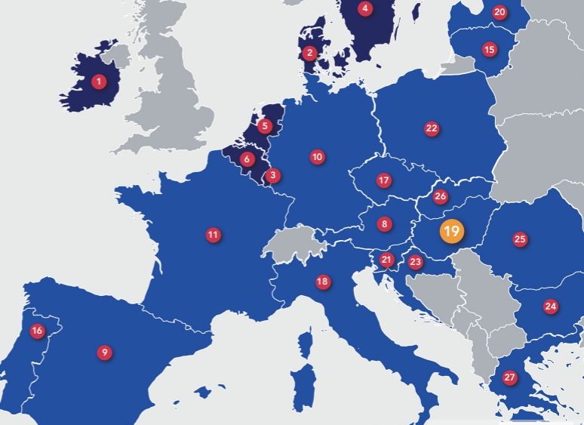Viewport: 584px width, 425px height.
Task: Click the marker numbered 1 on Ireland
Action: tap(97, 81)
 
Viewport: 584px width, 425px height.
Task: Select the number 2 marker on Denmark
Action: tap(309, 52)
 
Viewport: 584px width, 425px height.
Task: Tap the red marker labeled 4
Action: tap(365, 9)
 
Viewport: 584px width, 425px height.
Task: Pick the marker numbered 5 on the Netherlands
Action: tap(264, 126)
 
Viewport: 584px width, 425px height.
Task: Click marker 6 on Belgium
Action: tap(247, 159)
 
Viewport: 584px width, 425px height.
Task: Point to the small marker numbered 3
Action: tap(273, 176)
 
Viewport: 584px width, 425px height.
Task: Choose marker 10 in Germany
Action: tap(317, 157)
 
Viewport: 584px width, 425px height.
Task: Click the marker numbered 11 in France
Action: tap(213, 235)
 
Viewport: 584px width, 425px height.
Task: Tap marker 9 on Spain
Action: tap(105, 352)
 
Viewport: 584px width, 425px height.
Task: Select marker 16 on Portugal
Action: tap(36, 331)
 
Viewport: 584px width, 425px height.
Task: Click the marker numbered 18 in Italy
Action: tap(322, 282)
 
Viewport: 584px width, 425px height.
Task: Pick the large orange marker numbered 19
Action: tap(451, 231)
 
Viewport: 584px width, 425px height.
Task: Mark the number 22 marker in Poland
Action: tap(432, 128)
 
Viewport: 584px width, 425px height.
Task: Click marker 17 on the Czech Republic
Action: tap(384, 180)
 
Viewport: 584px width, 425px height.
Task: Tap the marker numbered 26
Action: tap(441, 196)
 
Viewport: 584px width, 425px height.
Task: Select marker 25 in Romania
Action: tap(520, 239)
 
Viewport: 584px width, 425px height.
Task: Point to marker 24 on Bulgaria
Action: tap(551, 306)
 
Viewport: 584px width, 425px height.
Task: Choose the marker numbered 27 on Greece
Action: tap(510, 377)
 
